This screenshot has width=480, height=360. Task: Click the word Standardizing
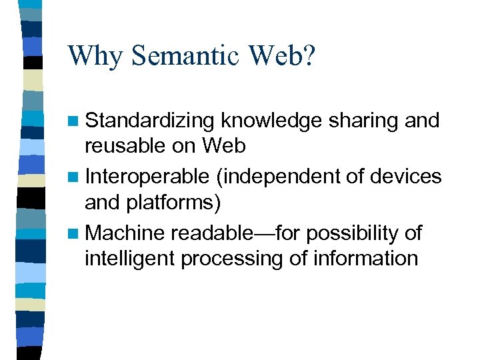click(151, 121)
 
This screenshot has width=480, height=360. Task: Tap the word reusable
click(126, 145)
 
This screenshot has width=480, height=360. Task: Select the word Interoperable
click(147, 177)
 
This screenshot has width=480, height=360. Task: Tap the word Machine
click(125, 233)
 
